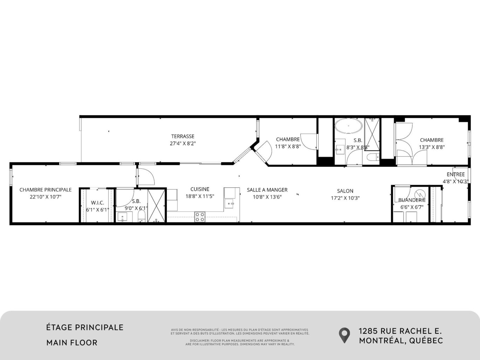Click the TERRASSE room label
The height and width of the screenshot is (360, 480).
[x=183, y=136]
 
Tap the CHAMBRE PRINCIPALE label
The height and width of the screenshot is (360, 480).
[x=46, y=190]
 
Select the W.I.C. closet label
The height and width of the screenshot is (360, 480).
[x=97, y=203]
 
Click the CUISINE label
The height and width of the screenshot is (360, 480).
[x=200, y=189]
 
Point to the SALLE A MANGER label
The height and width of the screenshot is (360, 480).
[x=267, y=190]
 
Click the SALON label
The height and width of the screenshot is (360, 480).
[x=345, y=191]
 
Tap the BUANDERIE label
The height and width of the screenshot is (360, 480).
[x=412, y=200]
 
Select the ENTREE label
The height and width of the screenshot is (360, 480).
[x=455, y=174]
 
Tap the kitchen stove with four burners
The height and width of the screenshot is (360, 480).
[x=200, y=217]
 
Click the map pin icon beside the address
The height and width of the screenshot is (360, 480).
[x=344, y=335]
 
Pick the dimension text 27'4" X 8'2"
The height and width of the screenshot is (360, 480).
[x=183, y=143]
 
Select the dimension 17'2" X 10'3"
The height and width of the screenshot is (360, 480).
[x=345, y=198]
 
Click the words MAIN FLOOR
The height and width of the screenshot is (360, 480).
[x=72, y=342]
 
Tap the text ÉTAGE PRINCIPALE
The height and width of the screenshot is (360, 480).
[x=85, y=327]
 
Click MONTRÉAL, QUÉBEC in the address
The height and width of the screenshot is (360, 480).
[x=401, y=340]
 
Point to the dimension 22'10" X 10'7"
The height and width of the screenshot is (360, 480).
[x=46, y=197]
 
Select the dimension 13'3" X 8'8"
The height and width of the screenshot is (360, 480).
[x=432, y=147]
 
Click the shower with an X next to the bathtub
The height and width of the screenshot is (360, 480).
[x=372, y=134]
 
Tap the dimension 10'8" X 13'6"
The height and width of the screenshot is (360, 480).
[x=267, y=197]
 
